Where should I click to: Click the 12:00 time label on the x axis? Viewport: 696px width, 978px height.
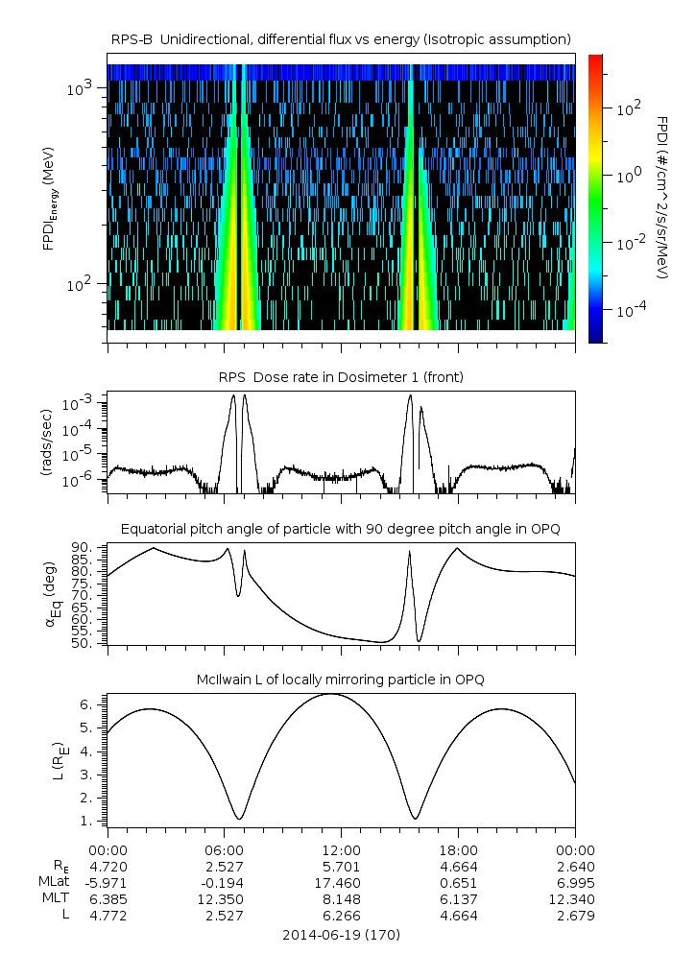[341, 849]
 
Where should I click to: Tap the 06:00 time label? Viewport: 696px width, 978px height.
[225, 849]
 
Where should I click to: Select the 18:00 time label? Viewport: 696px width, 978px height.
[458, 849]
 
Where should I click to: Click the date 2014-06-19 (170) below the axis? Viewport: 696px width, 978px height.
[341, 934]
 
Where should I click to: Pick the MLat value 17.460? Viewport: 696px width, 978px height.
[341, 882]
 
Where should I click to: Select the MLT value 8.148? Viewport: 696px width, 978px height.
[341, 898]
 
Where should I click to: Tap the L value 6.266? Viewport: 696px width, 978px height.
[341, 915]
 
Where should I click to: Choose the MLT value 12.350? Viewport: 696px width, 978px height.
[225, 898]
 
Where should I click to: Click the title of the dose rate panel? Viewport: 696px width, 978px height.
[341, 377]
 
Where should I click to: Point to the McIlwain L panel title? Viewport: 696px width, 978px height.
[341, 680]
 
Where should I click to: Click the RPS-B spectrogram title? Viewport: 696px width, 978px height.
[341, 38]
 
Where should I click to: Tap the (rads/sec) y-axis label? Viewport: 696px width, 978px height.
[45, 442]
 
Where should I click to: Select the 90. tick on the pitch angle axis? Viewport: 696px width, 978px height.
[90, 547]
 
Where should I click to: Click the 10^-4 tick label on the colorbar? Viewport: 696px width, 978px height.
[629, 312]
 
